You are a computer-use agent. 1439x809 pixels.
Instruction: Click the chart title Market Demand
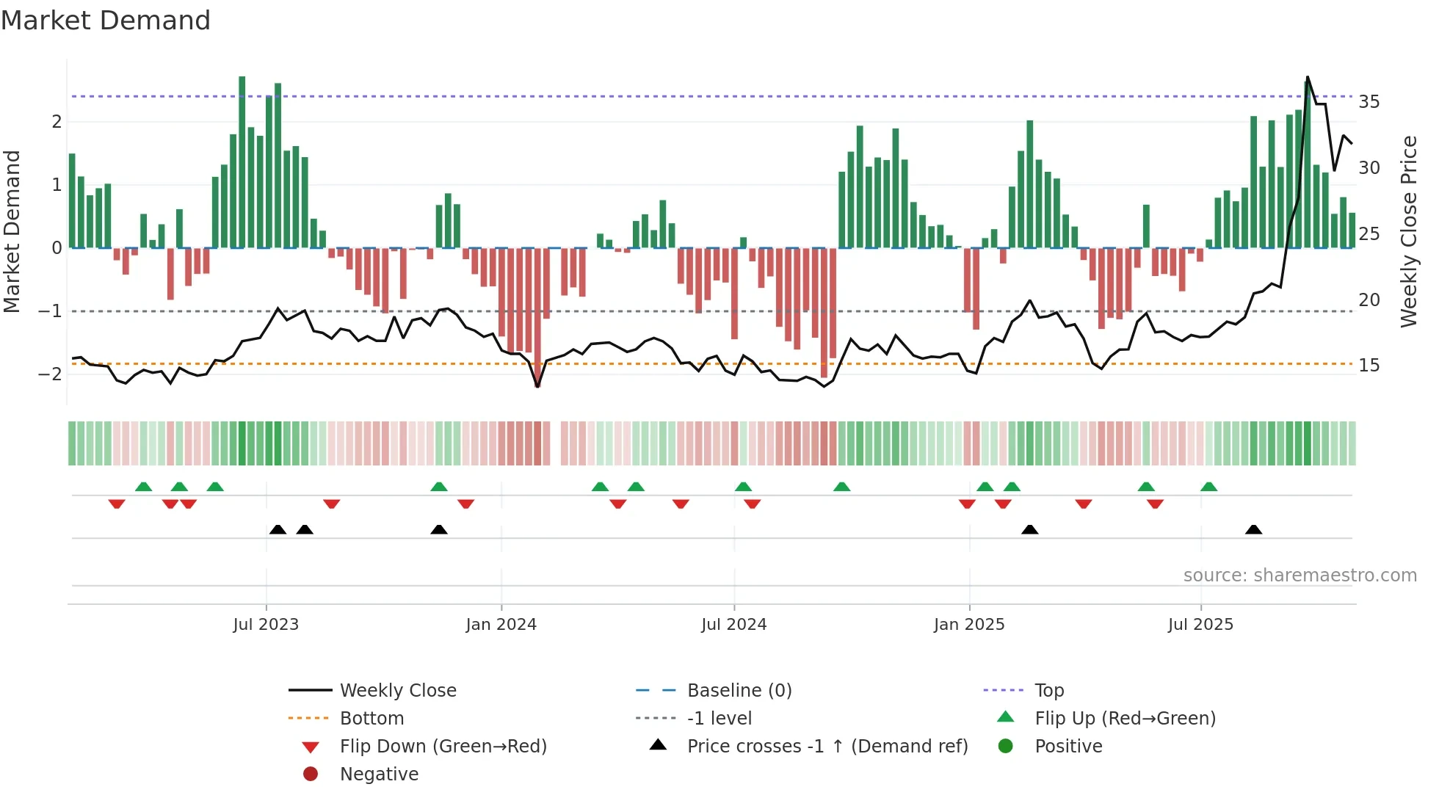[106, 21]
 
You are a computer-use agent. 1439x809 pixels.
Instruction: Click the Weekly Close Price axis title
[1408, 231]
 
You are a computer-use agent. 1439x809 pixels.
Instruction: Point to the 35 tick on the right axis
[1369, 102]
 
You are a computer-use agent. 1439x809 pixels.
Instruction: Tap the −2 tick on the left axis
[50, 374]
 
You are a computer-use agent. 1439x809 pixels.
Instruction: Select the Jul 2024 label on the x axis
[733, 625]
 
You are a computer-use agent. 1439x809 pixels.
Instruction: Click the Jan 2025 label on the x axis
[968, 625]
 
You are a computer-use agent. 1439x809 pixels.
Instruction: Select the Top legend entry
[1048, 691]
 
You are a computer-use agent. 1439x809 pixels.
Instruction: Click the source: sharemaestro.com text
[1300, 576]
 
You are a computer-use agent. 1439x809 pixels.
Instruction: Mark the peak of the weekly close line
[1308, 77]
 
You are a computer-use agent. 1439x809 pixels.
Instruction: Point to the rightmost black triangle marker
[1253, 530]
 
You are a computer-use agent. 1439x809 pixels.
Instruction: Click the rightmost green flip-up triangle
[1208, 487]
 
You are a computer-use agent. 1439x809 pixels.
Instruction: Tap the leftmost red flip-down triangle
[117, 504]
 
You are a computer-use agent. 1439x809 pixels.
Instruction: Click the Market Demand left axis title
[12, 231]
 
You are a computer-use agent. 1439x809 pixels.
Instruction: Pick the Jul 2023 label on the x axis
[266, 625]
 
